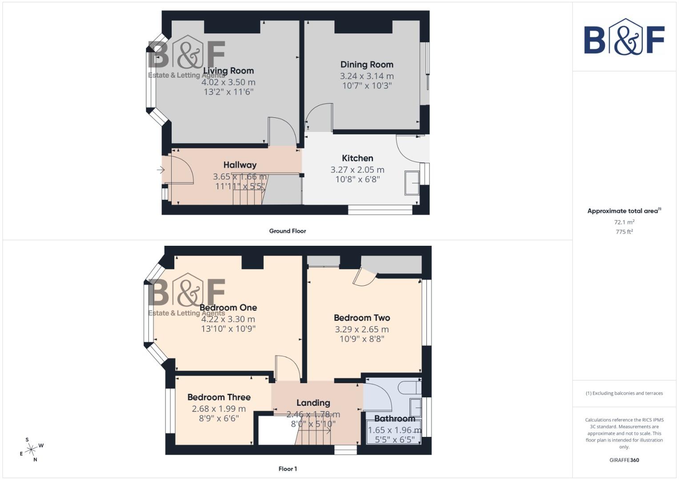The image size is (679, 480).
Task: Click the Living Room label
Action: tap(228, 71)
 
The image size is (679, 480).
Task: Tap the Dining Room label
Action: tap(367, 64)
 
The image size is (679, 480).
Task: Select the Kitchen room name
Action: tap(358, 158)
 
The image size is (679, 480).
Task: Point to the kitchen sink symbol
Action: tap(412, 183)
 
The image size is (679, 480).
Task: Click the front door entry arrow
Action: tap(161, 170)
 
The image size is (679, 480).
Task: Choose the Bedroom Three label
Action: tap(219, 397)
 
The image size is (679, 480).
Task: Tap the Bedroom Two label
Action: tap(362, 318)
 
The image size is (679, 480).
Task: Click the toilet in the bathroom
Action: tap(410, 387)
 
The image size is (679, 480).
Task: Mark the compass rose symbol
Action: tap(31, 450)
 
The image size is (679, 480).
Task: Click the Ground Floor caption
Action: tap(288, 231)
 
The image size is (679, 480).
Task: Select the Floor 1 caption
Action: tap(288, 469)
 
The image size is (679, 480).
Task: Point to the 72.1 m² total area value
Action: tap(624, 222)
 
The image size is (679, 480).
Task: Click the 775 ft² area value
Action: tap(624, 232)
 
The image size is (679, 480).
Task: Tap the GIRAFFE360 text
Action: tap(624, 460)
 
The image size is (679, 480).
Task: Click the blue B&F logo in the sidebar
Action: tap(624, 37)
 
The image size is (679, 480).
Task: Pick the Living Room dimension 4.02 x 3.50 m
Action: tap(228, 82)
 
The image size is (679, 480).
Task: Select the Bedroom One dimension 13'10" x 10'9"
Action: tap(228, 329)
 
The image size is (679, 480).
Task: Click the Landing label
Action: tap(313, 403)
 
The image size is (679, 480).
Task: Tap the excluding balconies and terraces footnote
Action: tap(624, 393)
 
